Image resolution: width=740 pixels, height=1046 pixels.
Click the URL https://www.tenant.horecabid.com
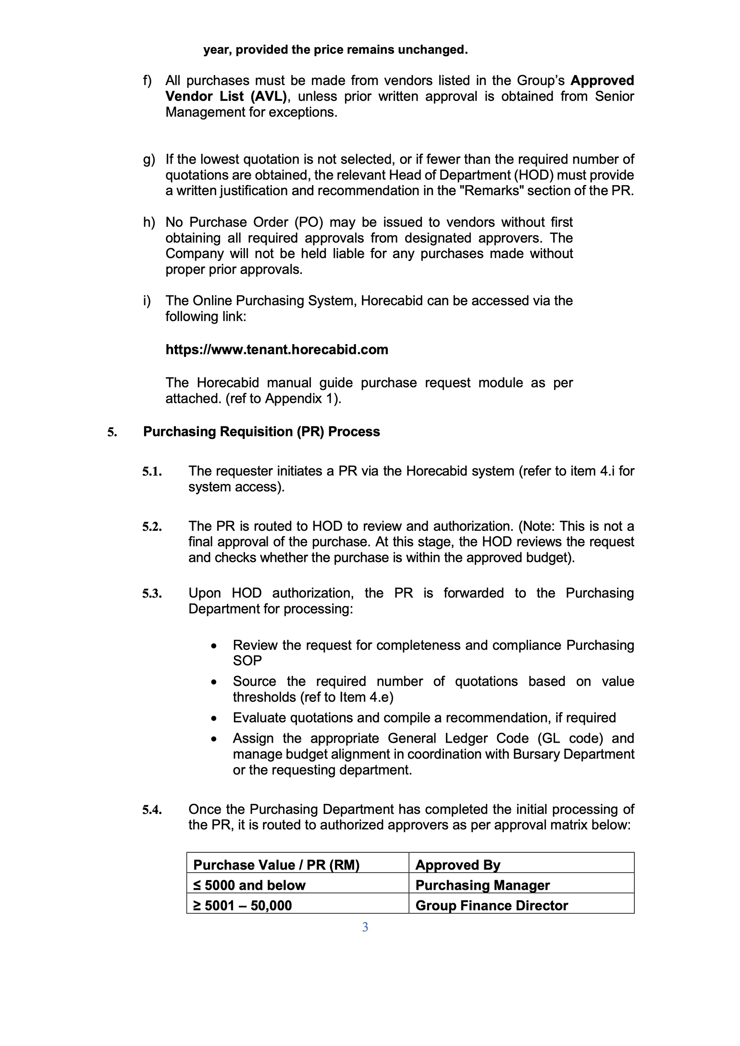[277, 349]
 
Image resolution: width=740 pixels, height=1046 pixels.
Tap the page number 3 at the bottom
[365, 927]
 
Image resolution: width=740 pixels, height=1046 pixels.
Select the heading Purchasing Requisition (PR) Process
[261, 432]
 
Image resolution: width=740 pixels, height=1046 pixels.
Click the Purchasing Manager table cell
[482, 885]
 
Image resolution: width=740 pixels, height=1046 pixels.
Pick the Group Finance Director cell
[492, 906]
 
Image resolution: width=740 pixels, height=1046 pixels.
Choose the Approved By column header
[458, 865]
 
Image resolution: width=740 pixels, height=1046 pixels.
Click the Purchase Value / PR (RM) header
[276, 865]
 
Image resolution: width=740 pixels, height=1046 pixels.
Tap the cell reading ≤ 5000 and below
[249, 885]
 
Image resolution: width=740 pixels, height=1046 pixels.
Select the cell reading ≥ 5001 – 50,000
[243, 906]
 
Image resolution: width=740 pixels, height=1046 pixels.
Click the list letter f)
[148, 80]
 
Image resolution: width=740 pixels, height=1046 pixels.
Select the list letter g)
[149, 159]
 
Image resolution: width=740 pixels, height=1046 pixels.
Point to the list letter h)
[149, 222]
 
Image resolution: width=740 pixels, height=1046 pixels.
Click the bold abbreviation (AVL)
[268, 96]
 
